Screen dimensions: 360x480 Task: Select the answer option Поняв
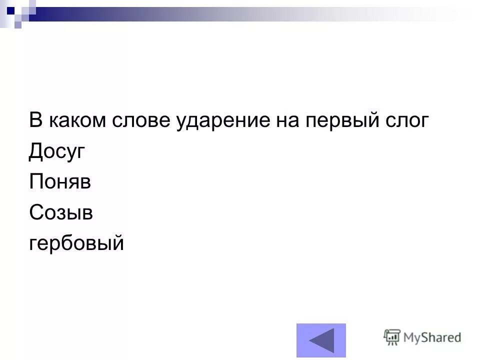point(60,182)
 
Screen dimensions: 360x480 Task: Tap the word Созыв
point(61,212)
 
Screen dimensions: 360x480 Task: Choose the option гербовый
point(76,243)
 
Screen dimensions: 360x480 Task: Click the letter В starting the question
point(35,121)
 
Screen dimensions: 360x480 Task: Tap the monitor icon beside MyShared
point(391,337)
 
